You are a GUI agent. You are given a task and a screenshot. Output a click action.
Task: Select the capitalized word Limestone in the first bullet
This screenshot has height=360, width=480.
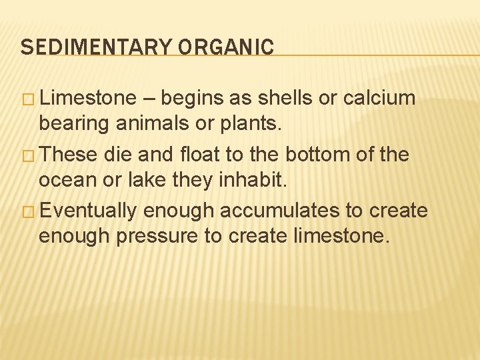[87, 99]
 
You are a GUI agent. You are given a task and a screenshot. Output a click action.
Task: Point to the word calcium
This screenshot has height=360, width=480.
[379, 99]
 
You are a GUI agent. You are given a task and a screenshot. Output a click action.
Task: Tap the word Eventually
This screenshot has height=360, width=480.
[93, 211]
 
